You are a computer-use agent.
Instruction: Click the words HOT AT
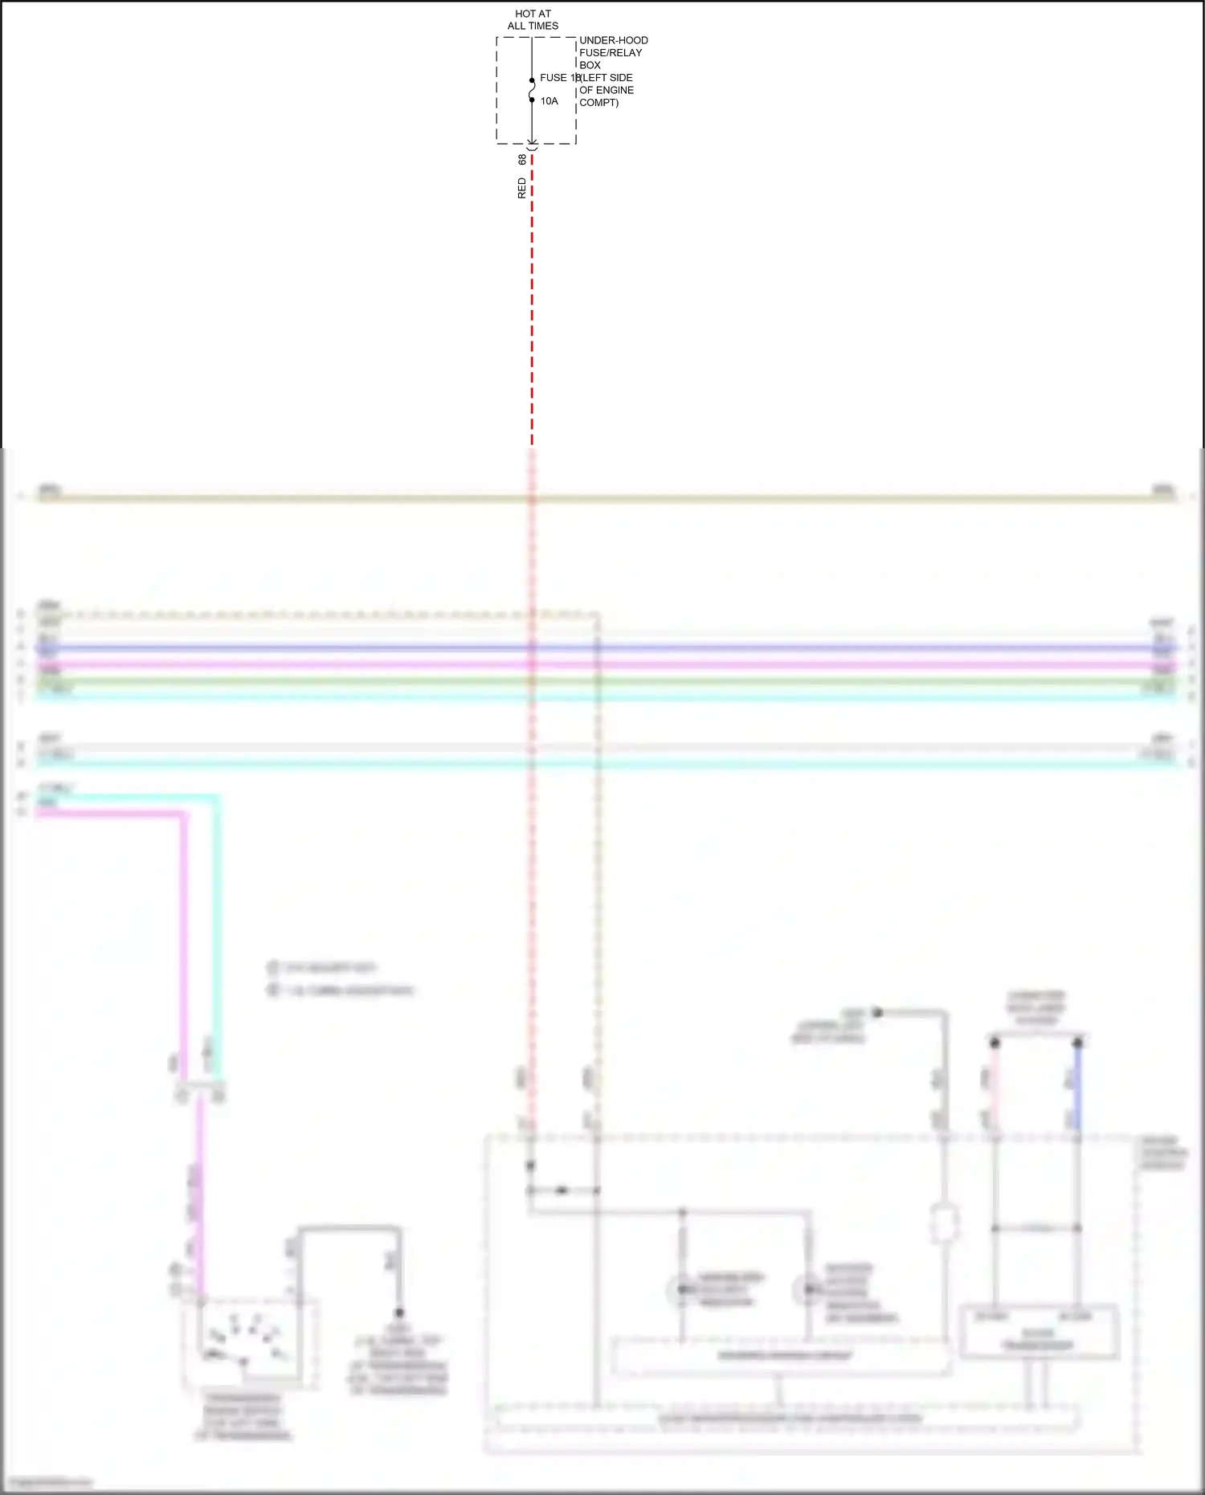533,14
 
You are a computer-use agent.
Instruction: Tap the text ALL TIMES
533,26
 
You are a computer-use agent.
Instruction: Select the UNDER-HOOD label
614,40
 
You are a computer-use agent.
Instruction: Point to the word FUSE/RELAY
611,53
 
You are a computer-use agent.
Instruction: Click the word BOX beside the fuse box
590,65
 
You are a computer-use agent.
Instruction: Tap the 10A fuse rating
549,101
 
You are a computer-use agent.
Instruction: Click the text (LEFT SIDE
607,78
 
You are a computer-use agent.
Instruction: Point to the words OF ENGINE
607,90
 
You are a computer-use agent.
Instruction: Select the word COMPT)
599,103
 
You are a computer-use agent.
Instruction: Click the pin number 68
522,160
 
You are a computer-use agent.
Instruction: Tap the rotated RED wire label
522,189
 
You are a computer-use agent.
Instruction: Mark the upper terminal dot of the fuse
532,80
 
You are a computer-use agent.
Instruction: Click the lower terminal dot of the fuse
532,100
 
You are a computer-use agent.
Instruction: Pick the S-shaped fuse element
532,90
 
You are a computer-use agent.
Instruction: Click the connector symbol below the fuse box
532,145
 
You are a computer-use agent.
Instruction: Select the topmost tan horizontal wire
602,499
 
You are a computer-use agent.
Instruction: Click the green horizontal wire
602,681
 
